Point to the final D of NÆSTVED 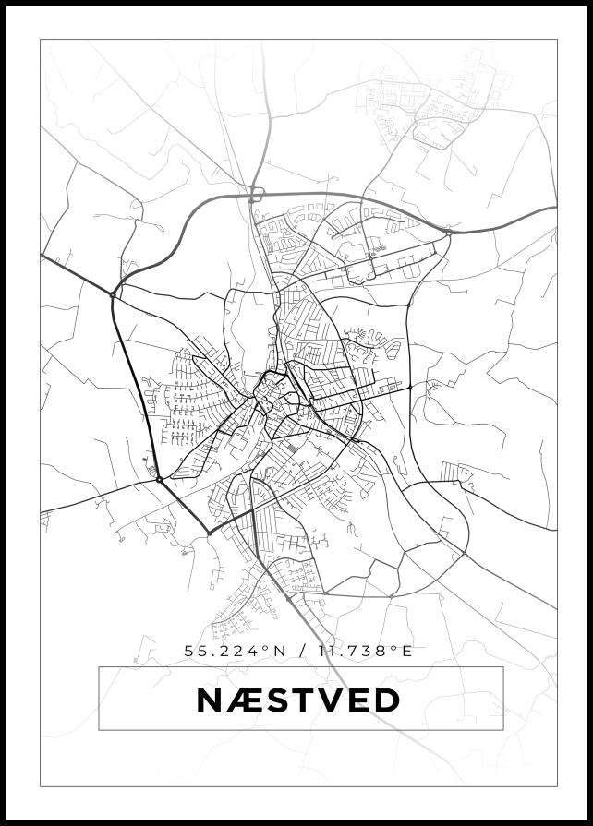386,700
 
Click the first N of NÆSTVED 210,700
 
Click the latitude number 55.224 223,651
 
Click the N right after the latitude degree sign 278,651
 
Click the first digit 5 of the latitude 189,651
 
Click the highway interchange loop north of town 256,194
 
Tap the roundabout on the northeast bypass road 449,233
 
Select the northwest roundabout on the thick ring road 113,294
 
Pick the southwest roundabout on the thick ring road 160,479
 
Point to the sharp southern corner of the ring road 209,533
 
